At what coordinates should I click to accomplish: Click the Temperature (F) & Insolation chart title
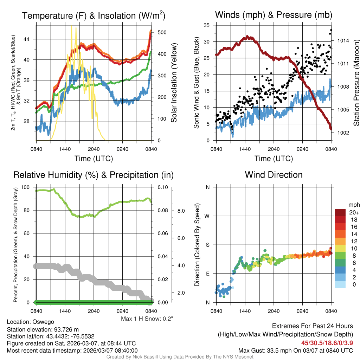pyautogui.click(x=94, y=15)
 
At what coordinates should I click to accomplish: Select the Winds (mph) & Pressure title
pyautogui.click(x=274, y=15)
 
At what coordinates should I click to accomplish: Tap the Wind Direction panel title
pyautogui.click(x=274, y=175)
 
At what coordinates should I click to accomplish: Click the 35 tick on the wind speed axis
pyautogui.click(x=207, y=25)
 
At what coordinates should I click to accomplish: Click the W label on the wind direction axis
pyautogui.click(x=207, y=216)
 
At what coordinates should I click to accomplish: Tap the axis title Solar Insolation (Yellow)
pyautogui.click(x=174, y=83)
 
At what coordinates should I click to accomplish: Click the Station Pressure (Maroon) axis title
pyautogui.click(x=356, y=83)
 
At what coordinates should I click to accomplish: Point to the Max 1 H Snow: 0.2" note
pyautogui.click(x=147, y=319)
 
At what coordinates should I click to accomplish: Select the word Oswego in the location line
pyautogui.click(x=43, y=322)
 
